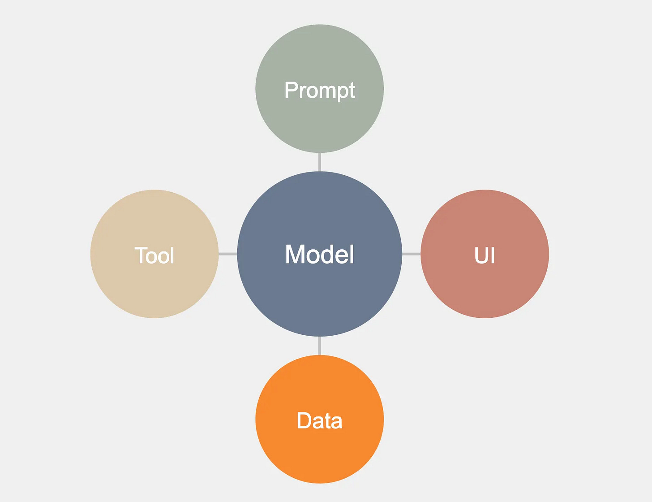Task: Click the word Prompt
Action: pos(320,91)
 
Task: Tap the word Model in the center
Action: pos(320,254)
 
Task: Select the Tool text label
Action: pos(154,255)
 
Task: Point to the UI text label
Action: pos(485,255)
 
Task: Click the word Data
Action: pos(320,421)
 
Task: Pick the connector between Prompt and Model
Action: pos(319,162)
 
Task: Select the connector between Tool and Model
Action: pos(228,254)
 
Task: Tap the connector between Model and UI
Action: pos(411,254)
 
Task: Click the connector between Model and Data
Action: pos(319,346)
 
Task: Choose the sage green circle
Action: pos(320,54)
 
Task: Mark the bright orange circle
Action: pos(320,457)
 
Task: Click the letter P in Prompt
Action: pos(291,90)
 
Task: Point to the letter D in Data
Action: pos(304,420)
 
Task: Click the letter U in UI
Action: pos(481,255)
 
